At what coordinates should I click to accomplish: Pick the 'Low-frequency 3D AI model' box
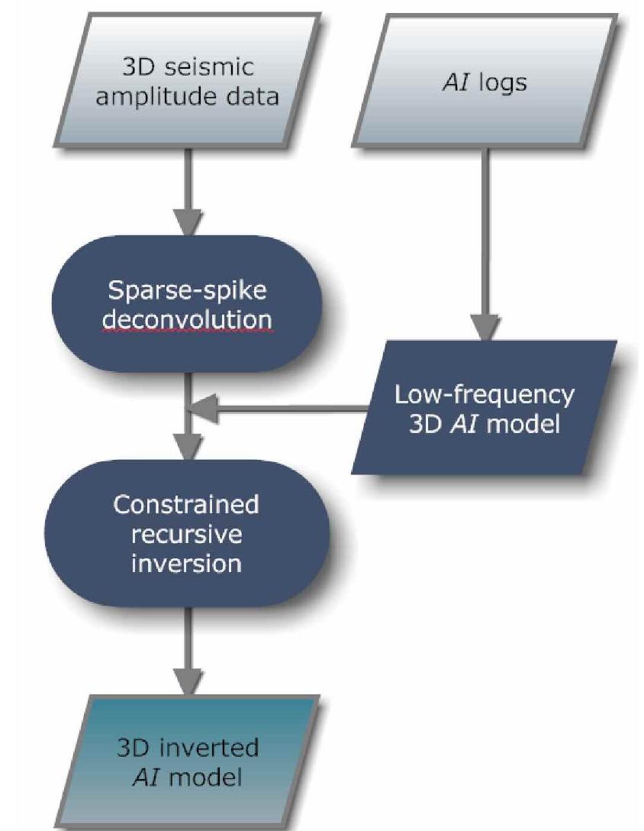[485, 408]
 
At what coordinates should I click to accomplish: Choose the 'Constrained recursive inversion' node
[188, 534]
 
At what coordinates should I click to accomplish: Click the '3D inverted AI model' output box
[188, 761]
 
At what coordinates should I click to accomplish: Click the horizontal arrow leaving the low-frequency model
[282, 410]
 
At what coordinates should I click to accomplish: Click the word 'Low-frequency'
[485, 394]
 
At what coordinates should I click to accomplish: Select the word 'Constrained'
[186, 505]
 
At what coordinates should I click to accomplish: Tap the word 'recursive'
[186, 534]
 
